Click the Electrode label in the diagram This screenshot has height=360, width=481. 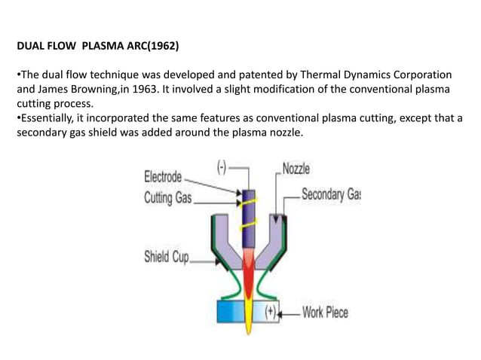pyautogui.click(x=163, y=177)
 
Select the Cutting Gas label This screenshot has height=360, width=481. pyautogui.click(x=168, y=199)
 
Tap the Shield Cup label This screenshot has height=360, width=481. pyautogui.click(x=166, y=256)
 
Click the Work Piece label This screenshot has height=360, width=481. pyautogui.click(x=325, y=311)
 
